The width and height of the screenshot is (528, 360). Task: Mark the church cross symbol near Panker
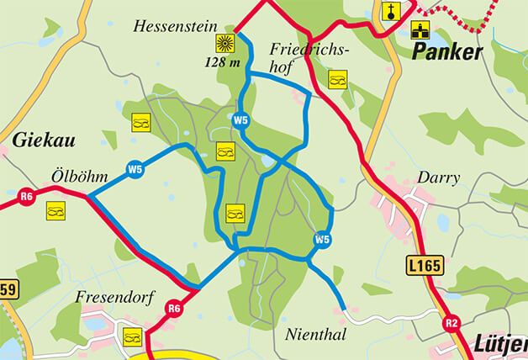pyautogui.click(x=390, y=10)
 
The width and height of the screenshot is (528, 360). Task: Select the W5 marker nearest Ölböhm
pyautogui.click(x=135, y=170)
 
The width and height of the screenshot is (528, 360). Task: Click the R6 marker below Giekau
pyautogui.click(x=26, y=197)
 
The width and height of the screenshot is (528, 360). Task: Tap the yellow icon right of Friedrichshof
pyautogui.click(x=337, y=79)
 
